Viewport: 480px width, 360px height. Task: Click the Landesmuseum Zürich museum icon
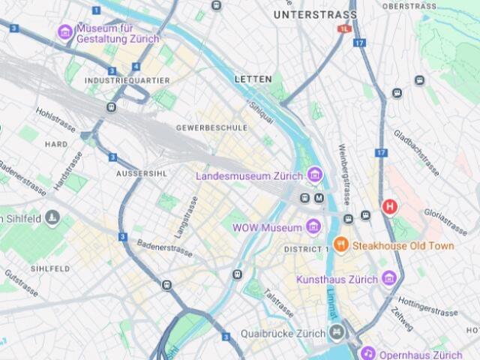(315, 175)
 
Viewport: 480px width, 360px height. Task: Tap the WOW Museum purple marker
(313, 226)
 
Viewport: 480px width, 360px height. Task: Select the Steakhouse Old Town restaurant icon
(340, 244)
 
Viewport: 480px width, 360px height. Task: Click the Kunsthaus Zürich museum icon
(388, 279)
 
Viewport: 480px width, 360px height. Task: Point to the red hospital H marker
(389, 206)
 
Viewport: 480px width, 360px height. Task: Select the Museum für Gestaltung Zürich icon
(65, 32)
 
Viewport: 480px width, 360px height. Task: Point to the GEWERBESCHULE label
(211, 128)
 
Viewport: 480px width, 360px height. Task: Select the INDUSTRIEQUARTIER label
(127, 80)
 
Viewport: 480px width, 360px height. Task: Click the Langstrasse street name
(184, 217)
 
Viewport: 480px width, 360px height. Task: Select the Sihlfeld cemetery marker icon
(52, 218)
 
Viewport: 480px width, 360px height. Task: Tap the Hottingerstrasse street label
(427, 307)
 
